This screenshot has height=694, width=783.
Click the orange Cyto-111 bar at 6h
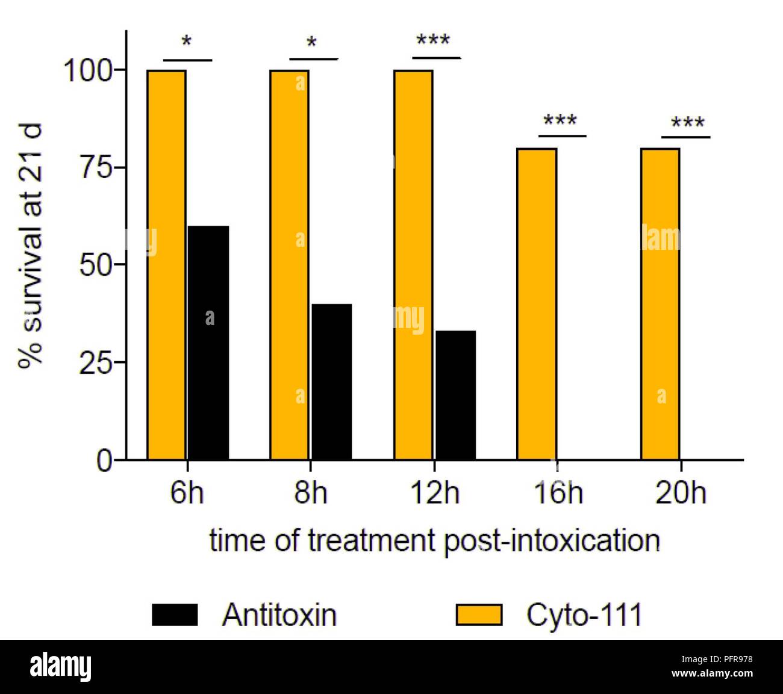click(x=167, y=265)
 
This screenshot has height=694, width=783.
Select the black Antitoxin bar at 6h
click(x=208, y=342)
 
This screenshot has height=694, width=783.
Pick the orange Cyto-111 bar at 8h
click(x=290, y=265)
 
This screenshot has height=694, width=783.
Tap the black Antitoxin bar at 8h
click(x=331, y=382)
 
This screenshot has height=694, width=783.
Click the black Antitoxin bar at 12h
click(x=455, y=395)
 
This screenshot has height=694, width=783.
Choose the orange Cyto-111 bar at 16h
click(x=537, y=304)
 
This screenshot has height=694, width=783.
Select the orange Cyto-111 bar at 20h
click(x=660, y=304)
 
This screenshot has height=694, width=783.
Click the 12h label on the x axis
click(x=434, y=494)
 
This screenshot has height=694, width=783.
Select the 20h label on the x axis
click(x=681, y=494)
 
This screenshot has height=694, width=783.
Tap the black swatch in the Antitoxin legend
click(x=175, y=615)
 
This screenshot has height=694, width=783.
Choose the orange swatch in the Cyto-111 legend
click(x=479, y=615)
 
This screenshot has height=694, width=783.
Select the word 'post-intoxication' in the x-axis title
click(x=552, y=541)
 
